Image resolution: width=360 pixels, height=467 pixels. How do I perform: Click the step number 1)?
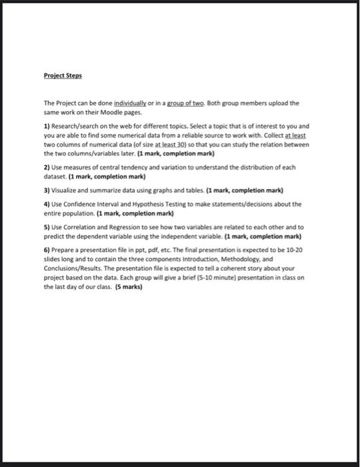point(47,125)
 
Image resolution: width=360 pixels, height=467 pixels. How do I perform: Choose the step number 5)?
point(47,227)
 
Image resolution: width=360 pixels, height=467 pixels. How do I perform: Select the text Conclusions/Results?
point(73,266)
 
